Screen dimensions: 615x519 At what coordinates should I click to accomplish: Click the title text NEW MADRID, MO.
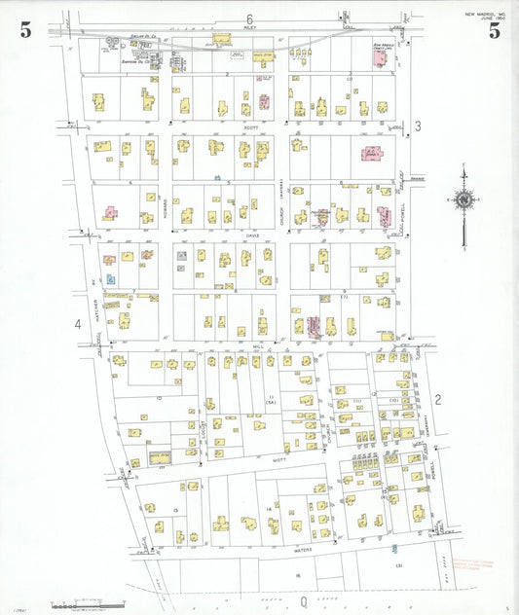(484, 14)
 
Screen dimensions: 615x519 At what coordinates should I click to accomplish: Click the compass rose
(463, 200)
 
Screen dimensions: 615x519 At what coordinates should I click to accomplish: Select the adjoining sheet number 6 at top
(249, 19)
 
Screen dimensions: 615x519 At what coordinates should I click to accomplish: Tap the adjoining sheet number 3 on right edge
(417, 126)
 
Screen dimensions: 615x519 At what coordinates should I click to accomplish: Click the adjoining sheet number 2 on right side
(438, 399)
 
